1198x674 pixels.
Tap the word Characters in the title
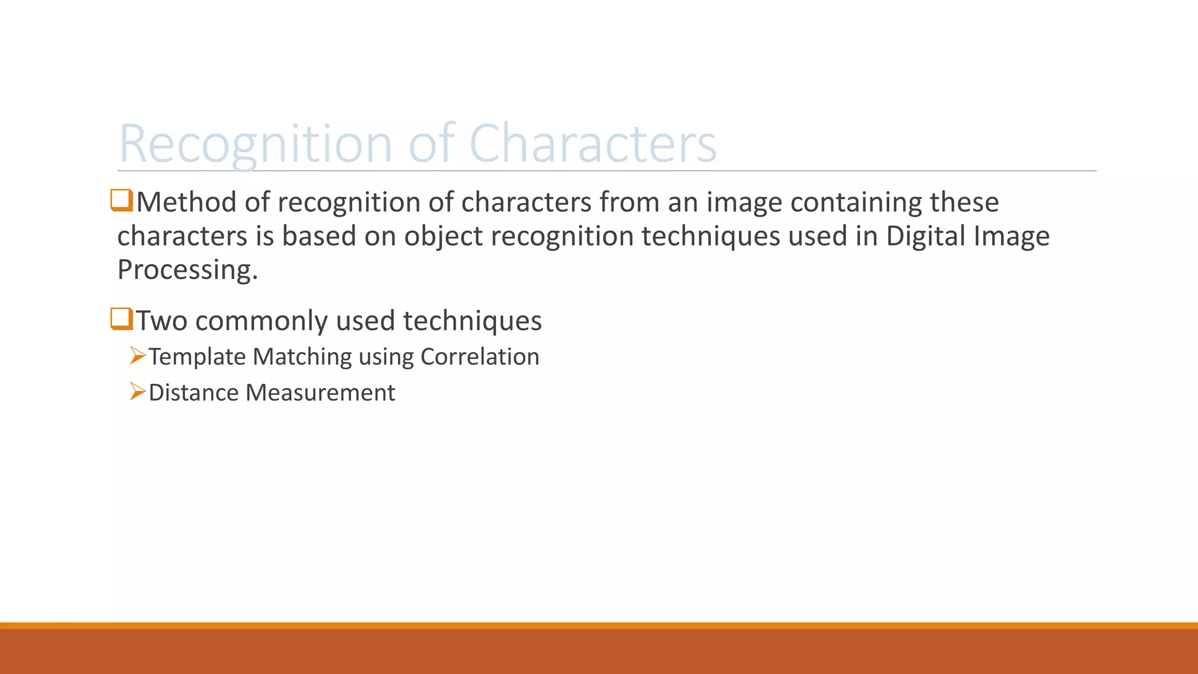click(593, 144)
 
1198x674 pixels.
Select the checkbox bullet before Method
click(122, 200)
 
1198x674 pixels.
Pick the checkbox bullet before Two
click(122, 319)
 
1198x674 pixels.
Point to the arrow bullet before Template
click(137, 356)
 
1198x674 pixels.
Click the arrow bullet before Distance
click(137, 391)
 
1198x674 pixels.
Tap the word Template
click(197, 357)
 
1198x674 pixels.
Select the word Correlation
click(480, 357)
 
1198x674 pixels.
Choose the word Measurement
click(320, 393)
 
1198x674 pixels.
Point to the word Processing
click(187, 270)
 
